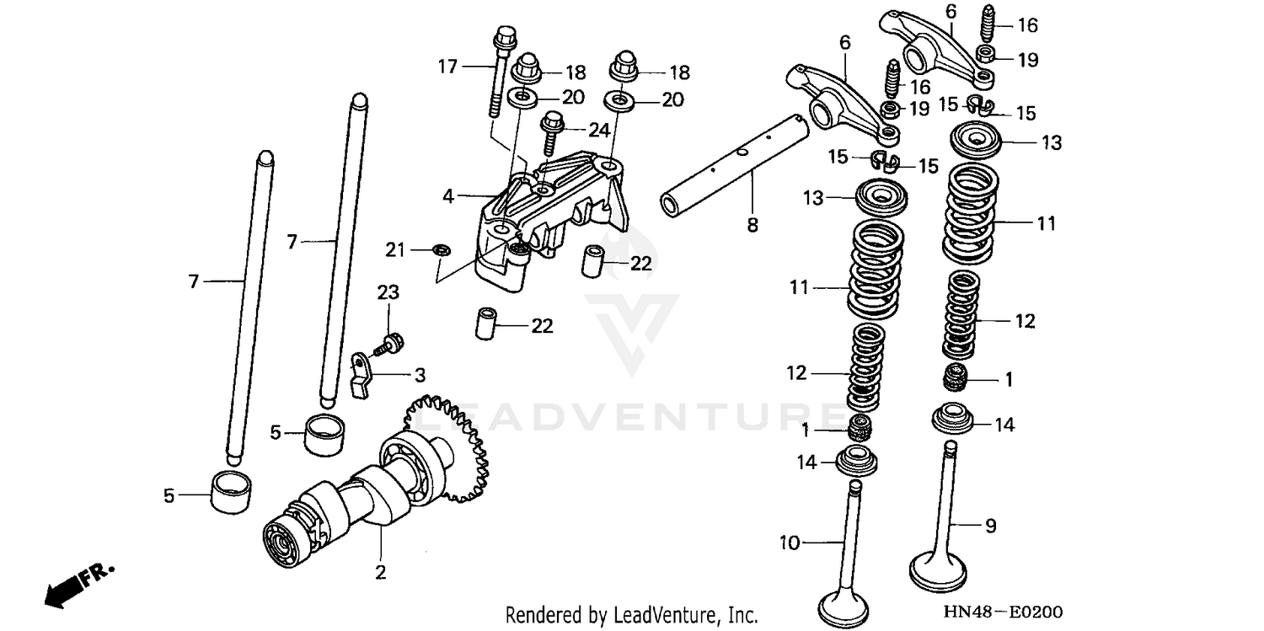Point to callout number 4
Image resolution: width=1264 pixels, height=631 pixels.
tap(448, 196)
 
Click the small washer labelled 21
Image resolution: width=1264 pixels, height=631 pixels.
tap(440, 249)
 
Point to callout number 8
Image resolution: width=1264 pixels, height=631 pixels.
tap(753, 225)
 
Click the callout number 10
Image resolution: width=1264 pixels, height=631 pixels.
tap(789, 543)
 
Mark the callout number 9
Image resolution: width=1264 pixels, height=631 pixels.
tap(991, 526)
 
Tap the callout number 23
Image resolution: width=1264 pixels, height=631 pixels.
tap(388, 292)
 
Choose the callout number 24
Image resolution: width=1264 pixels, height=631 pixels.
tap(599, 130)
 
